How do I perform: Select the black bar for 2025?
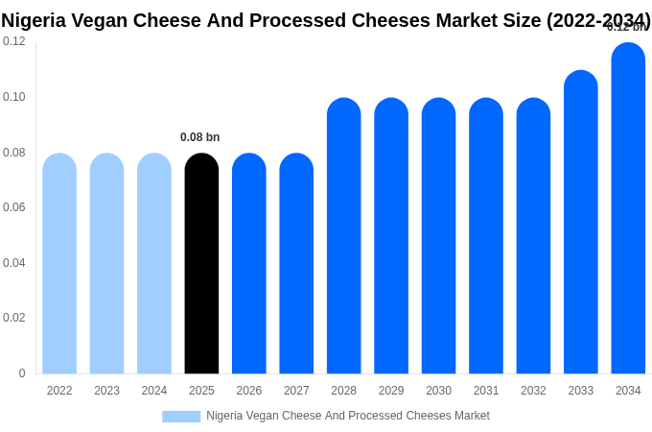coord(201,263)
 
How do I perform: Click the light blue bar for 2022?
coord(59,263)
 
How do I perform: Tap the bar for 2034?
coord(628,208)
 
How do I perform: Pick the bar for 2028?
coord(343,236)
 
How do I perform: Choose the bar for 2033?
coord(580,222)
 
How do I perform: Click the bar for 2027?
coord(296,263)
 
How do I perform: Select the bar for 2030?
coord(438,236)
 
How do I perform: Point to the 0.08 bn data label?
coord(200,137)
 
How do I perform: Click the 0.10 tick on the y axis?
coord(14,97)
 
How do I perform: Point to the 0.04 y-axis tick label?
coord(14,263)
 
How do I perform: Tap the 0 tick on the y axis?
coord(22,373)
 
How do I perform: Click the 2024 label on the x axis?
coord(154,391)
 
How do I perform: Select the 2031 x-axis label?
coord(486,391)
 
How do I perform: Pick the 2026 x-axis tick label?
coord(249,391)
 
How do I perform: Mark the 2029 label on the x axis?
coord(391,391)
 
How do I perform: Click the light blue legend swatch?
coord(181,417)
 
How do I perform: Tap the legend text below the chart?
coord(348,416)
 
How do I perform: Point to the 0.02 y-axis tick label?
coord(14,318)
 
